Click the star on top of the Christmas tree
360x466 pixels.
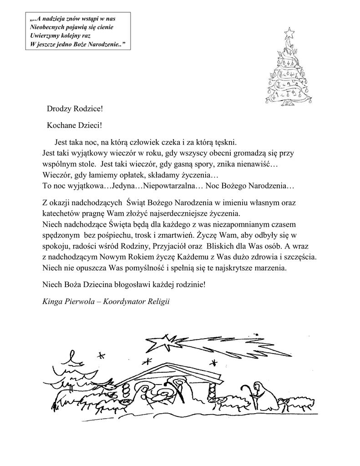[x=288, y=33]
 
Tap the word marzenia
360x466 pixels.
[x=269, y=268]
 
